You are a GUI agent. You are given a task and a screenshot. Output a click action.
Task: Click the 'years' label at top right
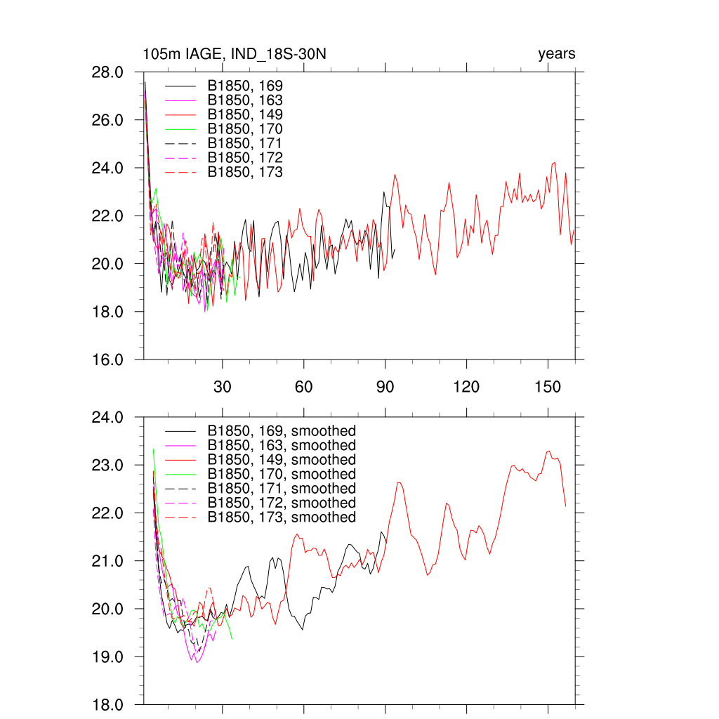click(x=556, y=54)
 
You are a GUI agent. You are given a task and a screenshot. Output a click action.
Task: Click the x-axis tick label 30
click(x=222, y=387)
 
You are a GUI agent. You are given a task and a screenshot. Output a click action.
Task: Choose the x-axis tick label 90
click(x=385, y=387)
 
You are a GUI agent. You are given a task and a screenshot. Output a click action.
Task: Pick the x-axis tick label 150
click(x=548, y=387)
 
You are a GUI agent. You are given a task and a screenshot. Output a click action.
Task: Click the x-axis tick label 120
click(x=466, y=387)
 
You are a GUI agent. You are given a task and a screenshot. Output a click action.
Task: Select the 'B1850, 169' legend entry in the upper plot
click(x=245, y=86)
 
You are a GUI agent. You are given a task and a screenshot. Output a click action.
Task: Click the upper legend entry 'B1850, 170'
click(x=245, y=129)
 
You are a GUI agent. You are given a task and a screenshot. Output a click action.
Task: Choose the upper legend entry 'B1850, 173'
click(x=245, y=172)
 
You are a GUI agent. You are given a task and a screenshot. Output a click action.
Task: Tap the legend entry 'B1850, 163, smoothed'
click(x=282, y=445)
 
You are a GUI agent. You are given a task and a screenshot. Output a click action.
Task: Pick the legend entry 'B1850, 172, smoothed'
click(x=282, y=503)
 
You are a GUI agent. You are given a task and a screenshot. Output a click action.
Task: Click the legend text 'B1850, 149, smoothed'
click(x=282, y=460)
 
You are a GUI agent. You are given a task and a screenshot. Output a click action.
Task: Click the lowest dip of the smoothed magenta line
click(x=197, y=662)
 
